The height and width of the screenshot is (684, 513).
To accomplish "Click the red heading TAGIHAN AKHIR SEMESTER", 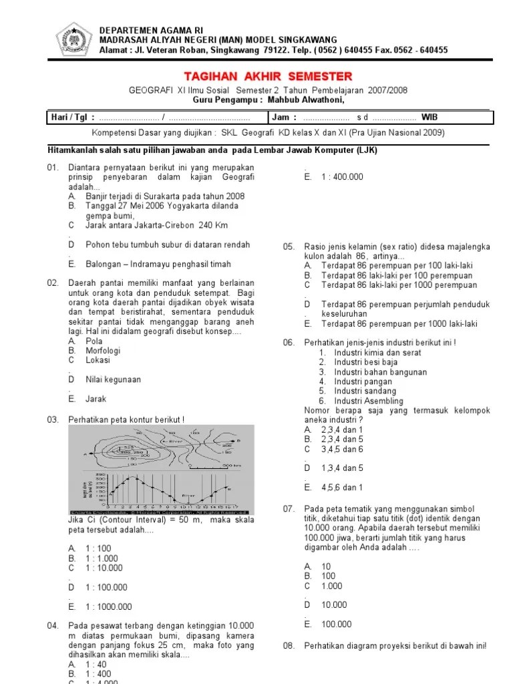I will [x=267, y=77].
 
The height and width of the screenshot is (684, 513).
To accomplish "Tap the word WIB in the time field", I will [x=430, y=118].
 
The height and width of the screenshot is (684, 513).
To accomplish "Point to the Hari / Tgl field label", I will [x=73, y=118].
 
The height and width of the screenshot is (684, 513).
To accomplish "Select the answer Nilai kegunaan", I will [x=113, y=379].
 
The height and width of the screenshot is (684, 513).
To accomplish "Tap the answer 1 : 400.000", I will [x=342, y=177].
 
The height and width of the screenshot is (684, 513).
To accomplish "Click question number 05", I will [x=289, y=247].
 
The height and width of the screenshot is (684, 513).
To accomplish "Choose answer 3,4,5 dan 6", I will [x=343, y=450].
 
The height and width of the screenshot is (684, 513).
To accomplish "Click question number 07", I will [x=289, y=509].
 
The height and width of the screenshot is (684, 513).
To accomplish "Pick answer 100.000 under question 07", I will [x=337, y=625].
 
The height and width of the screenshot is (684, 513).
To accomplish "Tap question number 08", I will [x=289, y=646].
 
